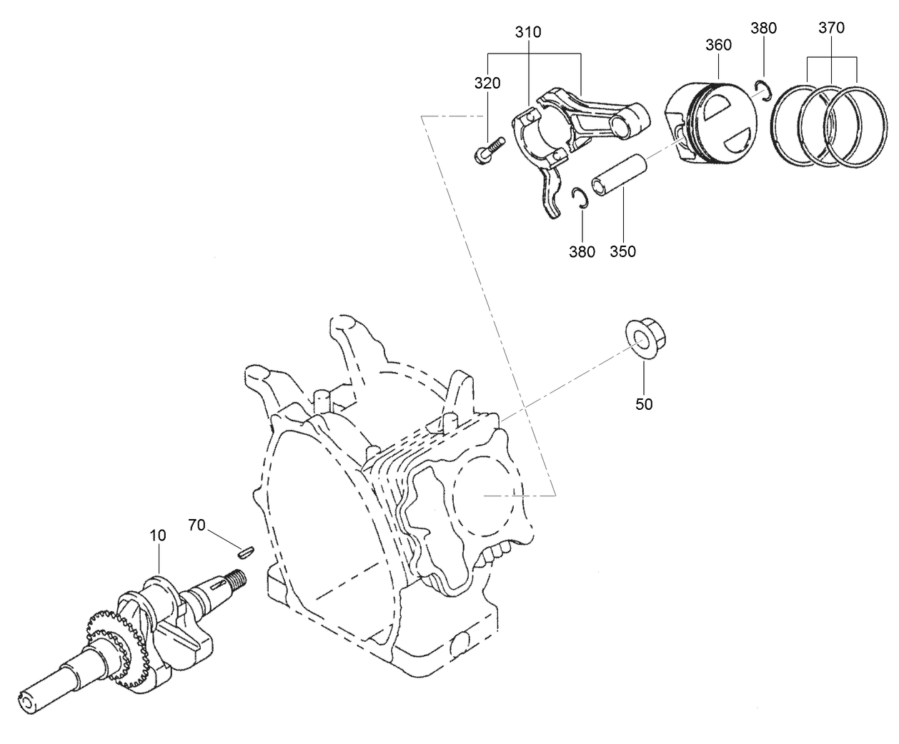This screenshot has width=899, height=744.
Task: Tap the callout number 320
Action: point(487,84)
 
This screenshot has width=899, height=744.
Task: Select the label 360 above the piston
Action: point(718,45)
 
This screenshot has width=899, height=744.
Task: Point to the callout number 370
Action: point(832,28)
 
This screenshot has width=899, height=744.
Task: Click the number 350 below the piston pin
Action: point(622,251)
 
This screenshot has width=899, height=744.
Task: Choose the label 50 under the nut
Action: point(644,403)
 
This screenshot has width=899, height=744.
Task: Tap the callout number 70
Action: point(197,525)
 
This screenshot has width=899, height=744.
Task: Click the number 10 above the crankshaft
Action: point(158,534)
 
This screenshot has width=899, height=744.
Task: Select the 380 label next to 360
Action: point(764,29)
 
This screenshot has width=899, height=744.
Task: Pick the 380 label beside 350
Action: point(582,251)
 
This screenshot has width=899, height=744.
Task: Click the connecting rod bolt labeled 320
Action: point(488,151)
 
